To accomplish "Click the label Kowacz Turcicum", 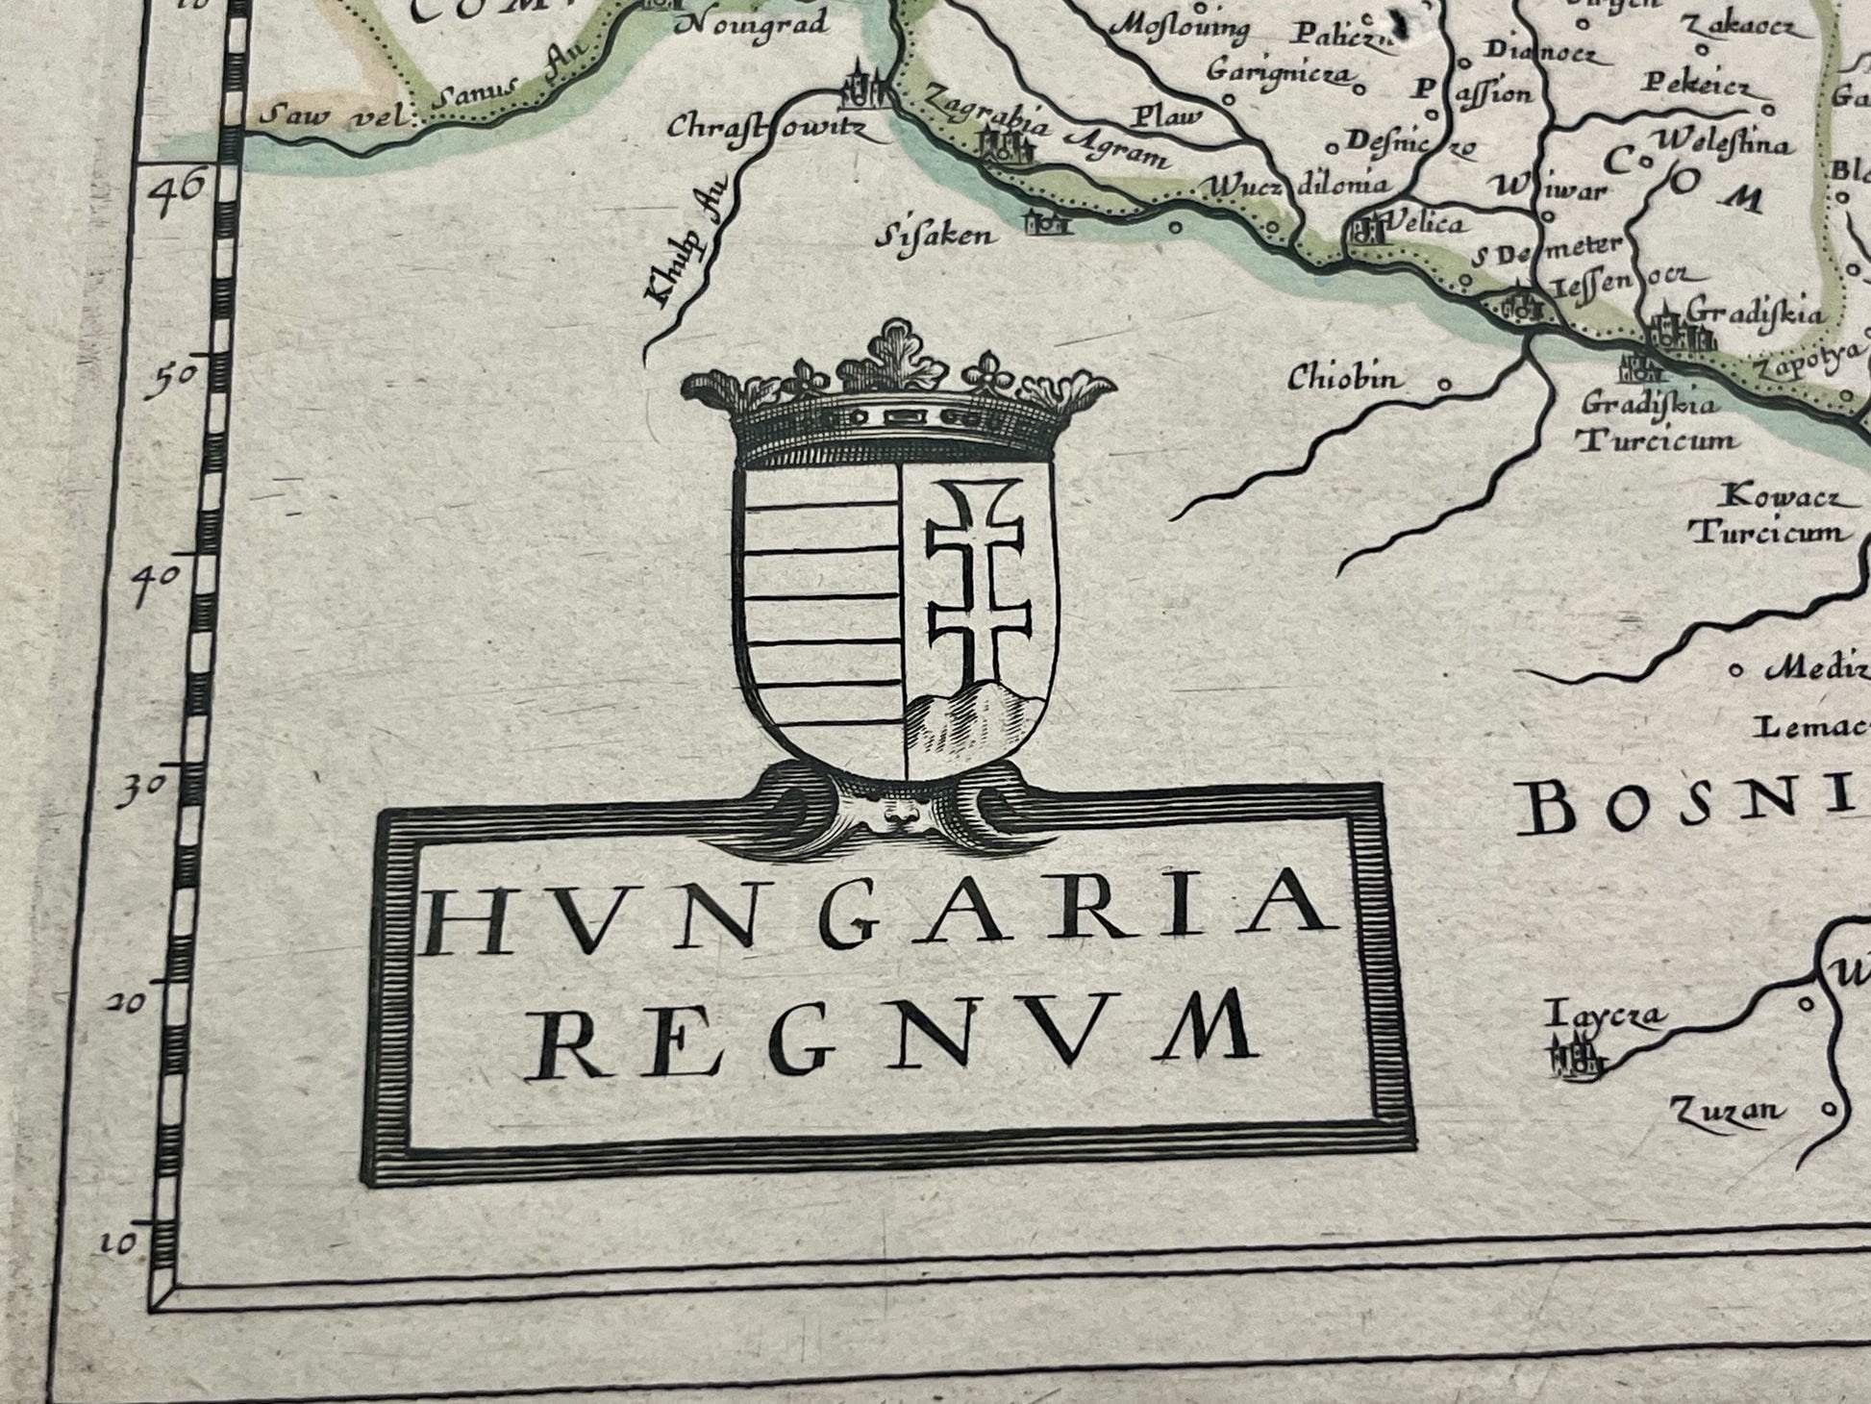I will click(1770, 515).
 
